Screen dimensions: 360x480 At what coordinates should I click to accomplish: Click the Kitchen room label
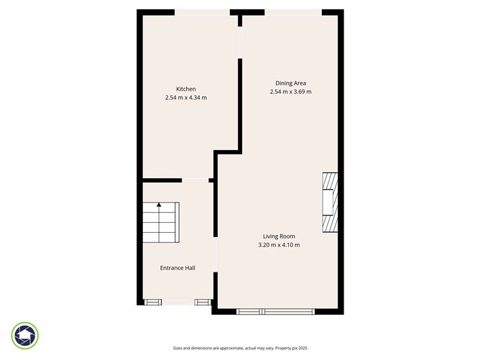[x=186, y=89]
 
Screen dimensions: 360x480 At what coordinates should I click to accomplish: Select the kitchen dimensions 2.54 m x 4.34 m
[x=186, y=98]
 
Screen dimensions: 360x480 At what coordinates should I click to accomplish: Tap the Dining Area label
[x=290, y=83]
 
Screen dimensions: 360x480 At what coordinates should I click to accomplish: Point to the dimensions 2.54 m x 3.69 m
[x=290, y=92]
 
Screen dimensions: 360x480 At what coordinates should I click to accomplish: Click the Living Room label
[x=278, y=236]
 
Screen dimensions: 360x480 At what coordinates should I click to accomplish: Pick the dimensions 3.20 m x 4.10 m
[x=278, y=245]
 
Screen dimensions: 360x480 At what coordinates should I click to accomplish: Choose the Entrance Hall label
[x=177, y=268]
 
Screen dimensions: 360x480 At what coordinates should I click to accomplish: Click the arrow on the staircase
[x=159, y=206]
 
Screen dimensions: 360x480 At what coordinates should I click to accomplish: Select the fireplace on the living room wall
[x=329, y=203]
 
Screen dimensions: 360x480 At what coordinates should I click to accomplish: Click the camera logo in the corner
[x=25, y=336]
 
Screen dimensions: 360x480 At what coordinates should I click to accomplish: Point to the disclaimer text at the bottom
[x=240, y=348]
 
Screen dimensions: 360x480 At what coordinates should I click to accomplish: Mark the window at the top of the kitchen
[x=202, y=11]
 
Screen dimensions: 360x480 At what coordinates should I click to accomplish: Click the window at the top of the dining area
[x=292, y=11]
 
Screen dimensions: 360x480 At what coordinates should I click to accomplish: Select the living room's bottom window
[x=275, y=311]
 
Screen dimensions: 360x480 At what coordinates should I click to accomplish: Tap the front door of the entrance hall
[x=177, y=303]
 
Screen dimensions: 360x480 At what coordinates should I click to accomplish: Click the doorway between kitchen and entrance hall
[x=195, y=180]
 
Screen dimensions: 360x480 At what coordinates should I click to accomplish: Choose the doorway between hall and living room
[x=215, y=254]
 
